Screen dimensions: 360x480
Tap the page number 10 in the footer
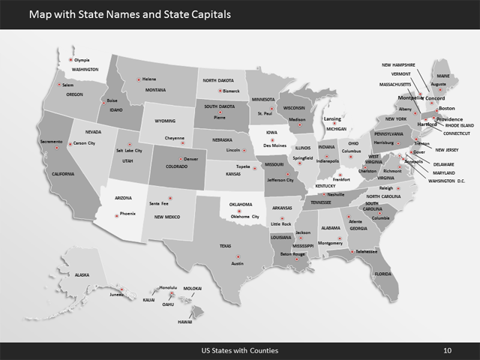tap(448, 349)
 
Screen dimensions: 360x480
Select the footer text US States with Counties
tap(240, 349)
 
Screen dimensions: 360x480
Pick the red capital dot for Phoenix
tap(113, 213)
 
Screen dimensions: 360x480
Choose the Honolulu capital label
tap(166, 287)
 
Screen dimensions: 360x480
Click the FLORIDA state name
tap(383, 274)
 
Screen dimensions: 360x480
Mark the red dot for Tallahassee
tap(350, 252)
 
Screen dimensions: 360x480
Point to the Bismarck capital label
tap(230, 91)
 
